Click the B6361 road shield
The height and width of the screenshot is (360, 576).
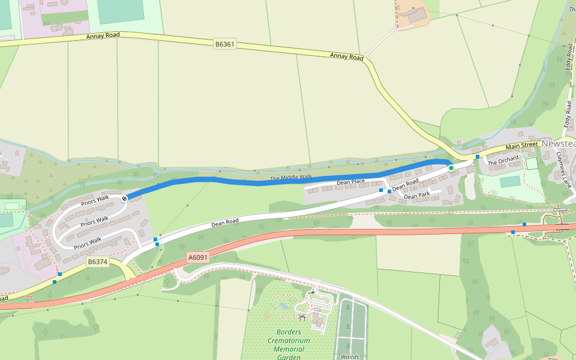[x=224, y=44]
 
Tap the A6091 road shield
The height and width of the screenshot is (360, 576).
[x=198, y=257]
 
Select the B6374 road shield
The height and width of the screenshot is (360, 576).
[x=97, y=262]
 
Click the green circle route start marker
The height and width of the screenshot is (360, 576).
[x=451, y=168]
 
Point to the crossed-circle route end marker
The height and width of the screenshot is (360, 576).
[x=125, y=198]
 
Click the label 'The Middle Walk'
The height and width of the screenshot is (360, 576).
[x=291, y=178]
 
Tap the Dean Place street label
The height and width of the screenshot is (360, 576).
[x=350, y=182]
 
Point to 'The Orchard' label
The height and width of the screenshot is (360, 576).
[x=503, y=161]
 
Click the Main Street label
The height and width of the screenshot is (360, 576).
[x=521, y=145]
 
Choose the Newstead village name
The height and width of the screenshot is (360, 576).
[x=558, y=145]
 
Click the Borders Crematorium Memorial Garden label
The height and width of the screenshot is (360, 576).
[x=293, y=344]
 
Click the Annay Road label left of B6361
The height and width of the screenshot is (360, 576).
[x=103, y=36]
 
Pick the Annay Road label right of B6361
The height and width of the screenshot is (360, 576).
[x=347, y=57]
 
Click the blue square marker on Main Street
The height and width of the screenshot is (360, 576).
[x=478, y=157]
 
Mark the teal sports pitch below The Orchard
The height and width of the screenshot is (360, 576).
[x=510, y=181]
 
